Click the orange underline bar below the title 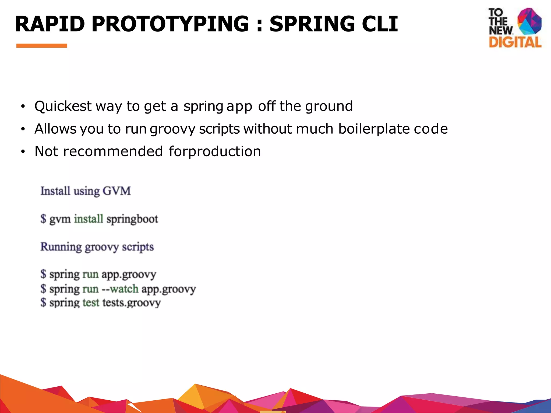(42, 46)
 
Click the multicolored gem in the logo (529, 22)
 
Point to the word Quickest (63, 106)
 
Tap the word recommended (113, 151)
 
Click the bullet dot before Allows (23, 130)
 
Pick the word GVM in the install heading (117, 191)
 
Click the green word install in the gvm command (89, 219)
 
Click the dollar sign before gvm (43, 219)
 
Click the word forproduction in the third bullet (215, 151)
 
